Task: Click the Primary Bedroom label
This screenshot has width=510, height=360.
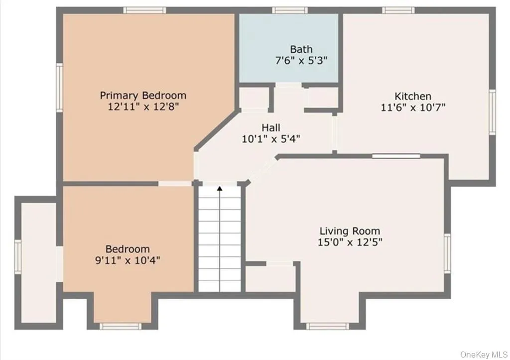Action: coord(143,95)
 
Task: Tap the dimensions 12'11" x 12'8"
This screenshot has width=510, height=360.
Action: coord(143,107)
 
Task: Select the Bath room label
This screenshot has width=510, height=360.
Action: coord(301,49)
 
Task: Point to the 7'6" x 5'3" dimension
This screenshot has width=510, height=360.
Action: coord(301,60)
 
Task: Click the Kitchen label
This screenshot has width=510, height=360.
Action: coord(413,96)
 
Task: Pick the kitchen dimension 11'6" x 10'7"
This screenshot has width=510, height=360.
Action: coord(413,107)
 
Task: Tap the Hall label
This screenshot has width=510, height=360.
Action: coord(270,127)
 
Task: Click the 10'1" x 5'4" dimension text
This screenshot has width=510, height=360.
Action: coord(270,139)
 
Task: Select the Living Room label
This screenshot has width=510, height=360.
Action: coord(350,231)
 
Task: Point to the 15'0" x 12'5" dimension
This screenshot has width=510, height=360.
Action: coord(350,242)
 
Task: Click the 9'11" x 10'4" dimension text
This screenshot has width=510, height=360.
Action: coord(127,260)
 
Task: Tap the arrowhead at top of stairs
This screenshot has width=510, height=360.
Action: coord(220,188)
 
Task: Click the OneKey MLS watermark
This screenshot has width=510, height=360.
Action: coord(484,354)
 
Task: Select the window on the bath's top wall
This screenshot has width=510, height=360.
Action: coord(289,10)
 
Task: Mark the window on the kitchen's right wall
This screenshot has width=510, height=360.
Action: coord(492,112)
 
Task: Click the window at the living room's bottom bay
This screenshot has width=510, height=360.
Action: coord(326,326)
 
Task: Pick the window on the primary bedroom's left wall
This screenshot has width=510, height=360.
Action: coord(59,86)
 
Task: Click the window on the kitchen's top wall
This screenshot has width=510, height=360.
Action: coord(398,10)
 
